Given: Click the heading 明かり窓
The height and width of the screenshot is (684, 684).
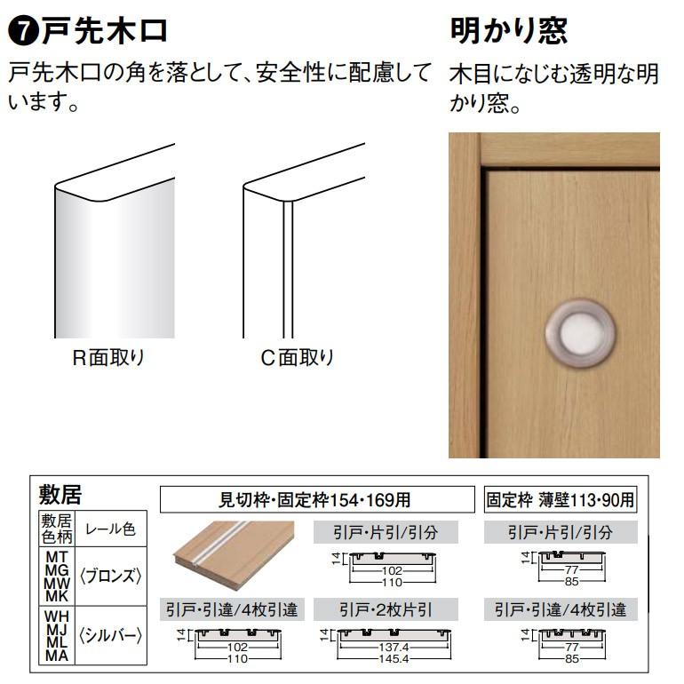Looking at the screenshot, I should [x=508, y=32].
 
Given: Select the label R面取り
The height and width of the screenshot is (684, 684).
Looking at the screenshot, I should [x=107, y=359].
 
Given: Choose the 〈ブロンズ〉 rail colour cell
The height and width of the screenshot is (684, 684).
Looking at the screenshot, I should [x=111, y=575].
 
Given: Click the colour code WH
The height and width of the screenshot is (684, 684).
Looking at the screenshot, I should [x=56, y=614].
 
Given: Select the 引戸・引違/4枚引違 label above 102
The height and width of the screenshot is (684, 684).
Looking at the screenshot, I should [x=233, y=610].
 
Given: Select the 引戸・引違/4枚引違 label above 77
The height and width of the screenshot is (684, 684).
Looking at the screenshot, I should [x=561, y=610].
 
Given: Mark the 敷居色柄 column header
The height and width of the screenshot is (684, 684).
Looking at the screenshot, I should [x=57, y=529].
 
